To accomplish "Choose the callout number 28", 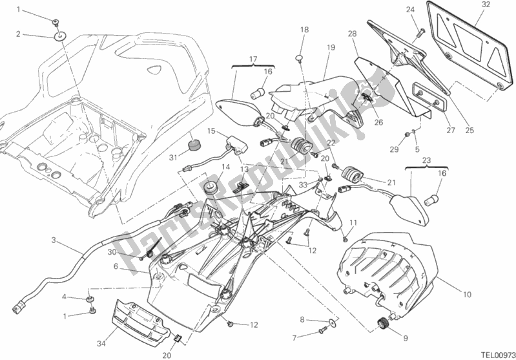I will tap(351, 34).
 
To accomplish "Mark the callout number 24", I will tap(409, 10).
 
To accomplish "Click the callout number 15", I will tap(211, 131).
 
